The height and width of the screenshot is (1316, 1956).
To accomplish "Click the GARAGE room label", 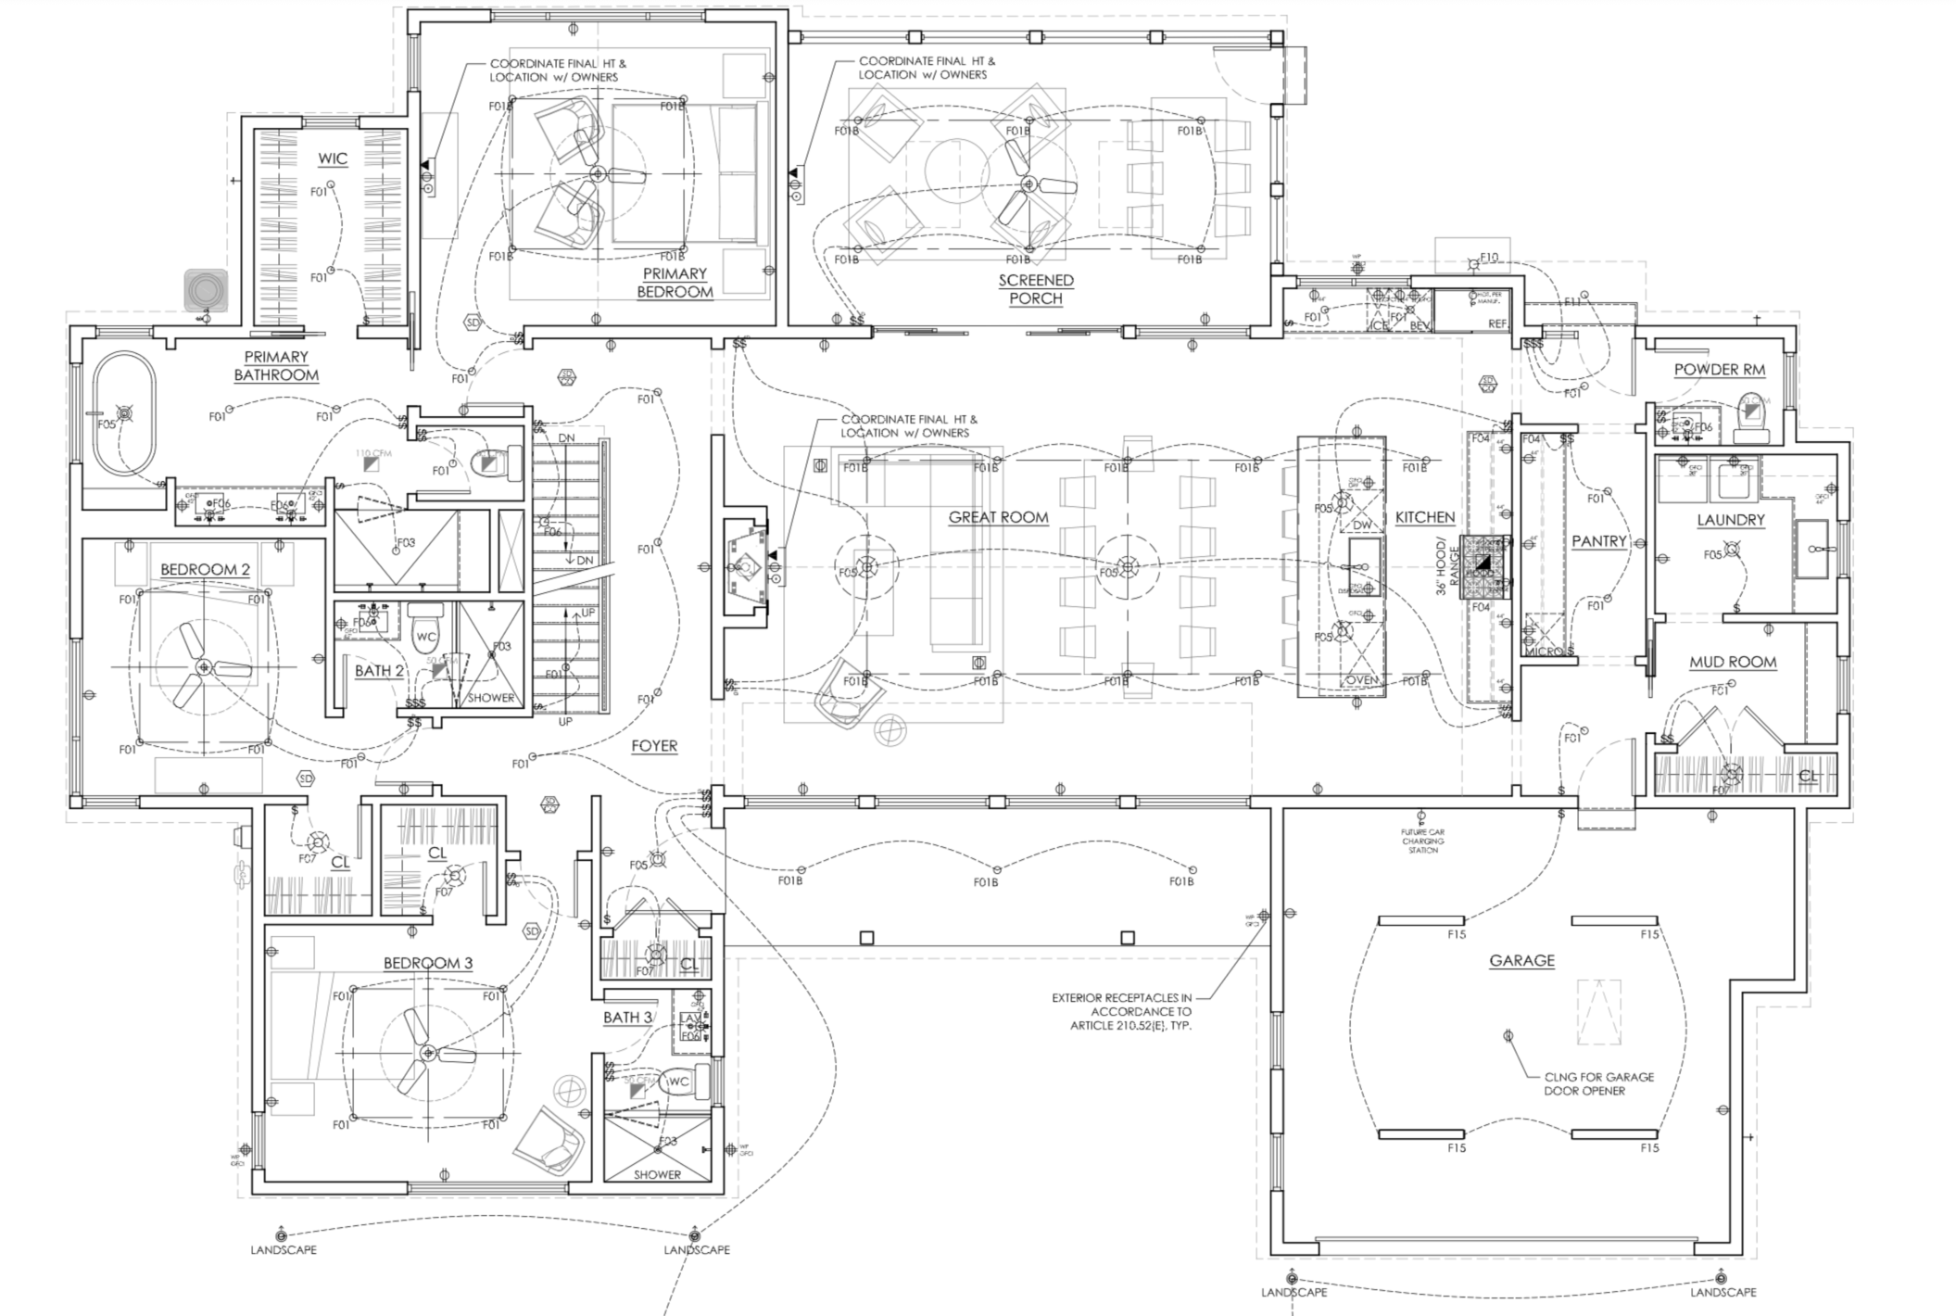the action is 1521,961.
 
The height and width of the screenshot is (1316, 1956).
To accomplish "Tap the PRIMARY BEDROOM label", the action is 675,283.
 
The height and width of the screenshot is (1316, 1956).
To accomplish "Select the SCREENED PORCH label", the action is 1036,289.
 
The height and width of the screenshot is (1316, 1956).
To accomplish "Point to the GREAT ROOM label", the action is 998,518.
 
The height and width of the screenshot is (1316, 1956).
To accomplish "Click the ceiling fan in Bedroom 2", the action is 203,667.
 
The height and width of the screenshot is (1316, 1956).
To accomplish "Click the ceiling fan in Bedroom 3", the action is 428,1054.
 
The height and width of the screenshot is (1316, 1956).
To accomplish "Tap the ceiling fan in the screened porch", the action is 1028,184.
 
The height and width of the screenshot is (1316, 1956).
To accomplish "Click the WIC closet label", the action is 333,159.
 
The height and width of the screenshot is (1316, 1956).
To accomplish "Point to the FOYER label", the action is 654,746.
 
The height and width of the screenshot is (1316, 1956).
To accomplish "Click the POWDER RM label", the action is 1719,370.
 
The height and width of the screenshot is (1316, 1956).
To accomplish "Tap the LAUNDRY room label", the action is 1730,520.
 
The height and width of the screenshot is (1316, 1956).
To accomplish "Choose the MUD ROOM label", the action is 1732,662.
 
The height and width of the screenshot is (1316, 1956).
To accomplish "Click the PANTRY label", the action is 1599,541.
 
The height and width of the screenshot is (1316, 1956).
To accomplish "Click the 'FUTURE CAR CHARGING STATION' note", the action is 1422,841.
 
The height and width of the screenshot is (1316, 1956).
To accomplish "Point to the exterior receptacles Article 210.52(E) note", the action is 1121,1012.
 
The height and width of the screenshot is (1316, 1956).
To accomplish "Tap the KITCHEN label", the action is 1425,518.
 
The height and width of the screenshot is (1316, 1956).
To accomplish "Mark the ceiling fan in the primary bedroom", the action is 598,173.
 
